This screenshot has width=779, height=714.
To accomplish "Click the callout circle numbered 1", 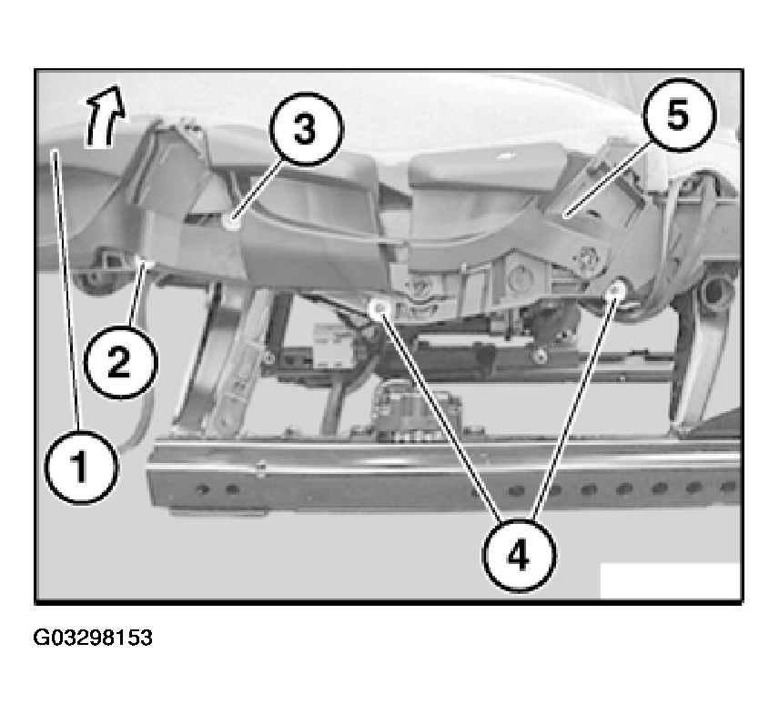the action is click(x=82, y=468).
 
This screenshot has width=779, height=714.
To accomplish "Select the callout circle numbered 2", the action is click(x=120, y=362).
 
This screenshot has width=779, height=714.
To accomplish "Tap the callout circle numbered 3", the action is click(x=307, y=128).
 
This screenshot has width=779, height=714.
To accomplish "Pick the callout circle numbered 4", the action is click(x=519, y=555).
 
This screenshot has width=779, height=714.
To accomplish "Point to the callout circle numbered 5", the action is click(x=679, y=115).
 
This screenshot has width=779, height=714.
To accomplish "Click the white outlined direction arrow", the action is click(x=105, y=117).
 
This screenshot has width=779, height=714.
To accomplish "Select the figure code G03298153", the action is click(x=93, y=638).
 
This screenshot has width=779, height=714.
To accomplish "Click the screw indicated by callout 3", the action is click(x=231, y=222).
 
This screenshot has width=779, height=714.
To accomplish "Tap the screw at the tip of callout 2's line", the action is click(x=145, y=261).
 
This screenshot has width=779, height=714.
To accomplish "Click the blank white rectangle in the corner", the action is click(x=670, y=580).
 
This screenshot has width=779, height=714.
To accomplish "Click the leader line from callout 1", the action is click(x=67, y=290).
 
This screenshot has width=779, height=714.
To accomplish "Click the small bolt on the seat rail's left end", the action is click(x=260, y=468).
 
